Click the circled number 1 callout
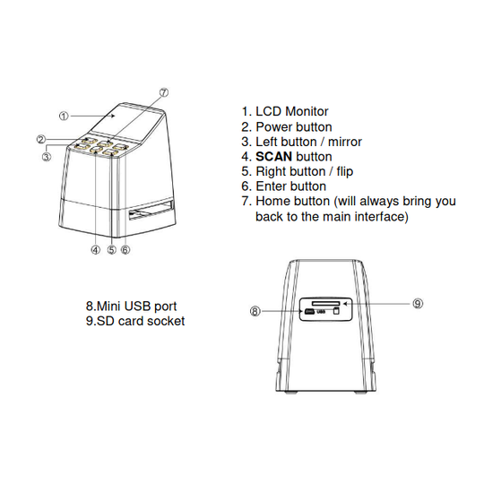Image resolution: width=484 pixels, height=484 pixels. tap(64, 116)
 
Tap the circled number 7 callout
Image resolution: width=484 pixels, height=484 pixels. tap(164, 92)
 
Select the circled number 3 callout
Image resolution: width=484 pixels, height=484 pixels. tap(47, 157)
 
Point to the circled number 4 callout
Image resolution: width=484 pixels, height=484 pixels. tap(96, 249)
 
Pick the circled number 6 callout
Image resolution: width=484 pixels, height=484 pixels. tap(125, 249)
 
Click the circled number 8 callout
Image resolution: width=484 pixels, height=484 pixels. tap(255, 311)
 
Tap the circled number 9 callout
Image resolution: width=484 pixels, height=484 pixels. tap(418, 304)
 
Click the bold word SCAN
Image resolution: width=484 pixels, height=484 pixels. tap(273, 157)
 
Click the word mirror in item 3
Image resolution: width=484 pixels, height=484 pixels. tap(345, 142)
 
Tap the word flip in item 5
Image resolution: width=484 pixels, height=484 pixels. tap(345, 171)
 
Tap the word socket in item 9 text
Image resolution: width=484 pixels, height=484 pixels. tap(166, 321)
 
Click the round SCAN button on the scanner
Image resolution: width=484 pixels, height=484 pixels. tap(96, 150)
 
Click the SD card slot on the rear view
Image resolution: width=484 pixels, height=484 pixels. tap(325, 304)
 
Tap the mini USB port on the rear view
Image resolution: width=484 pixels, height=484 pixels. tap(309, 312)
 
